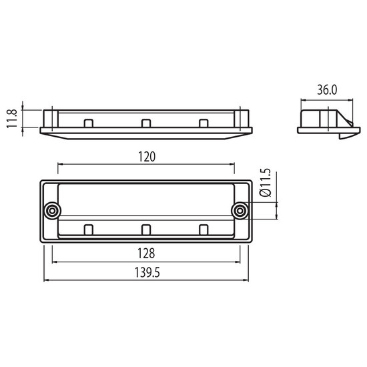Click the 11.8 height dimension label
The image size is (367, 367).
pos(12,118)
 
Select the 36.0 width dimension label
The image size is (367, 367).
pos(327,90)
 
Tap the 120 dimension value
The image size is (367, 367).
pos(147,157)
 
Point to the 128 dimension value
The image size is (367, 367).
pos(146,254)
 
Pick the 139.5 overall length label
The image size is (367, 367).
pos(147,273)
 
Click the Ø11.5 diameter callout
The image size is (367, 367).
pos(266,182)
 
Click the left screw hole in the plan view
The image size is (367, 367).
pos(52,211)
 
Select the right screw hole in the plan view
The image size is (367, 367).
pos(240,211)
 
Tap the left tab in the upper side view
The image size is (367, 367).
pos(89,123)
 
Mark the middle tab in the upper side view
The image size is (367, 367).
pos(146,123)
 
